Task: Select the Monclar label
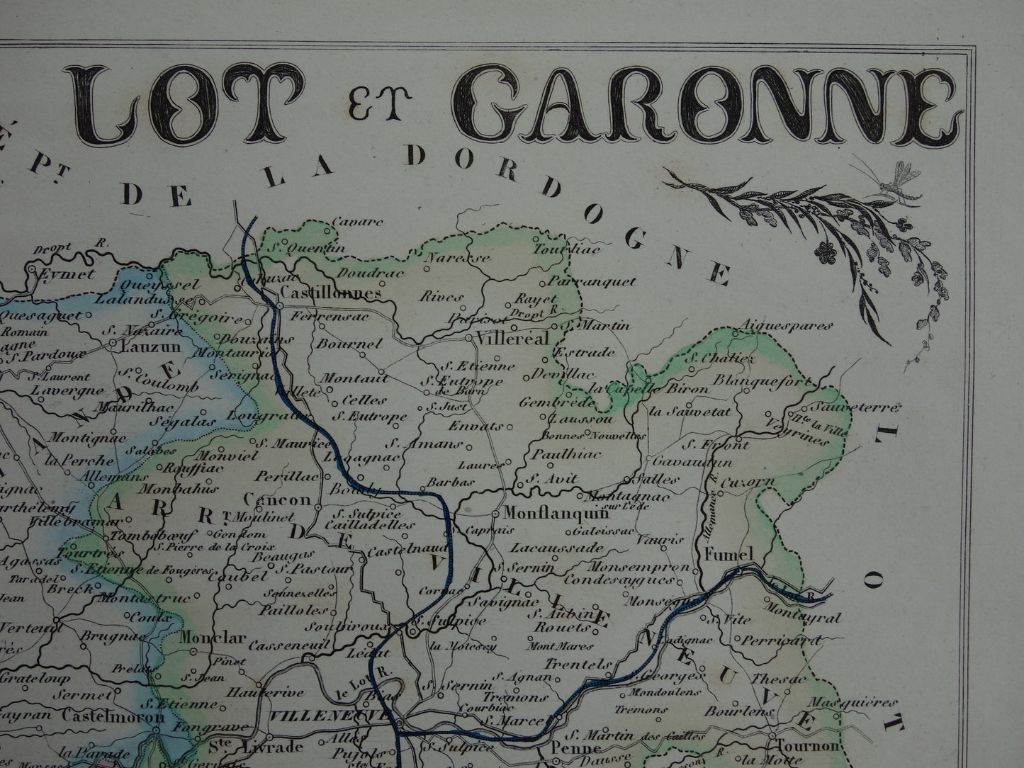pos(207,636)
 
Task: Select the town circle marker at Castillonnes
pos(280,306)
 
